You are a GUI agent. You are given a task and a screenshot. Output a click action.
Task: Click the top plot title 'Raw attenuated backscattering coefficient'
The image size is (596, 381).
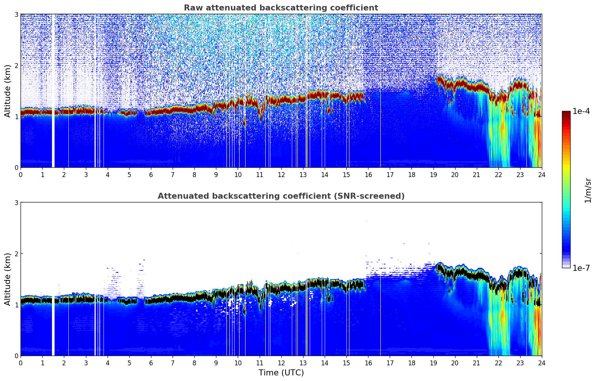tap(281, 8)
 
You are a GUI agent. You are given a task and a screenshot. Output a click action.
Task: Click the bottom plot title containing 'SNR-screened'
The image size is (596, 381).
tap(281, 196)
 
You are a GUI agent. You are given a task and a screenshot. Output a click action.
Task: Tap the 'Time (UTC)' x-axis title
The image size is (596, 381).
tap(281, 372)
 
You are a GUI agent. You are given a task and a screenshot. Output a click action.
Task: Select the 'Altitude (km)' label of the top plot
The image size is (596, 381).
tap(8, 91)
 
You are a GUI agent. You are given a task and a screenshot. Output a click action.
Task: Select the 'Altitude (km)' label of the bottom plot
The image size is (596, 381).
tap(8, 279)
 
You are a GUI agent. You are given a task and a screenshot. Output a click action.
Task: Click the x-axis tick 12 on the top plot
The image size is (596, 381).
tap(281, 174)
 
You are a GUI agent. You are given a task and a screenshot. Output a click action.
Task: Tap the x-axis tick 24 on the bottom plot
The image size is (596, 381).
tap(541, 363)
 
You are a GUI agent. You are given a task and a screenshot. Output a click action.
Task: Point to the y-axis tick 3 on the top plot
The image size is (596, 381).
tap(16, 14)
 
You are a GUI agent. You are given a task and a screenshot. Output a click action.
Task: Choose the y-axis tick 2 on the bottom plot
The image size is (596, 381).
tap(16, 254)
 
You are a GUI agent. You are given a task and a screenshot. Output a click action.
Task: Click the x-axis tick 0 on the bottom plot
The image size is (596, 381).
tap(21, 363)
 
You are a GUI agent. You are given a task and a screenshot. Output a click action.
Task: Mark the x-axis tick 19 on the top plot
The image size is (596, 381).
tap(433, 174)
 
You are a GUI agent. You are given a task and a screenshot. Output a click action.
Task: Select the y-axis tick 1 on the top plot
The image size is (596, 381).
tap(16, 117)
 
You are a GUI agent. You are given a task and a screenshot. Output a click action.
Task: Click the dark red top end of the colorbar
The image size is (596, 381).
tap(566, 113)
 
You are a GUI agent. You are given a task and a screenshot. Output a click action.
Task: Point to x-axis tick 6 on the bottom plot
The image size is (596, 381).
tap(151, 363)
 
